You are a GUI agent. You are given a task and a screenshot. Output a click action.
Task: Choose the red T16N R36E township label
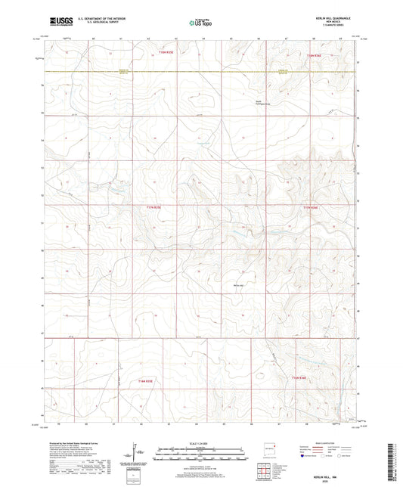point(300,376)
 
